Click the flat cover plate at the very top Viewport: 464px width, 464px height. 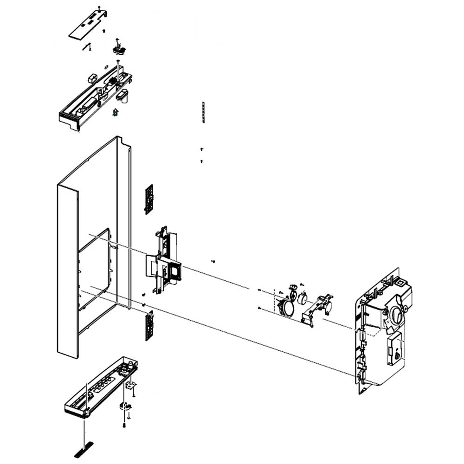(88, 25)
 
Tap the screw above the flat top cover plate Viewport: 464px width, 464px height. (99, 8)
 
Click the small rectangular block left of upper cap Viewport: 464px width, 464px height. (91, 77)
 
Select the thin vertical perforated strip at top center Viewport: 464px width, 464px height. (203, 112)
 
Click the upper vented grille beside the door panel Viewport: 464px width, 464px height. (149, 199)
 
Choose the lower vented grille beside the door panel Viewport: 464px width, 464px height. (149, 325)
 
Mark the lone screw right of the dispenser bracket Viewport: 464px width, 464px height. (213, 262)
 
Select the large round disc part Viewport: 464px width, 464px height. (286, 307)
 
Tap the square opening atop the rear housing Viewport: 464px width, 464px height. (398, 280)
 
